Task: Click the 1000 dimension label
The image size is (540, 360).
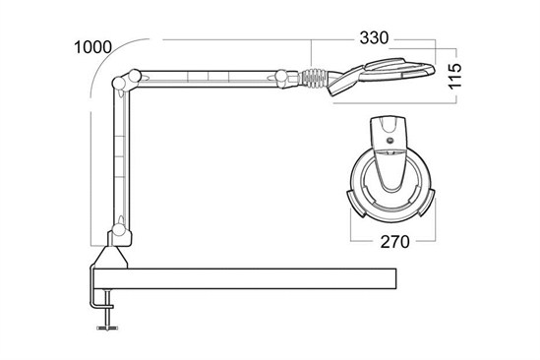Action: coord(93,47)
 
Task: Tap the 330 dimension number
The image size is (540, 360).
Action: coord(374,37)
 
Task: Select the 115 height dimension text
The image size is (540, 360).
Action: coord(455,76)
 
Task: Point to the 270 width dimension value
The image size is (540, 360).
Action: coord(394,242)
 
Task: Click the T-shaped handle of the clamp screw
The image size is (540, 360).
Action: coord(107,328)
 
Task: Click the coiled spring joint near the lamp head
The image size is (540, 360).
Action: coord(313,79)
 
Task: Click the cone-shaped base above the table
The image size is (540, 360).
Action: coord(111,258)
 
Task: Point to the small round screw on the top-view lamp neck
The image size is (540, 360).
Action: coord(390,141)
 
